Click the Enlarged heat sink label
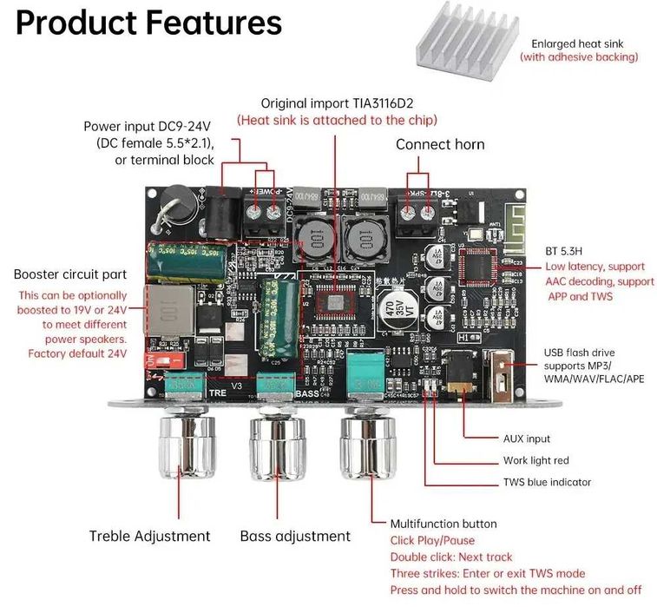point(577,43)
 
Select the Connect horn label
point(440,144)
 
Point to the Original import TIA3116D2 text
point(337,102)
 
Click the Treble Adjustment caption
point(149,536)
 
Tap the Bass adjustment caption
point(295,536)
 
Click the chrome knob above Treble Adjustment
point(184,448)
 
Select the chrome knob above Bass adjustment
point(279,448)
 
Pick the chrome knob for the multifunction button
point(371,448)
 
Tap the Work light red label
point(535,461)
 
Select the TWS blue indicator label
point(547,483)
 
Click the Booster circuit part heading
point(70,274)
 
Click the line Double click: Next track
point(451,557)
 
